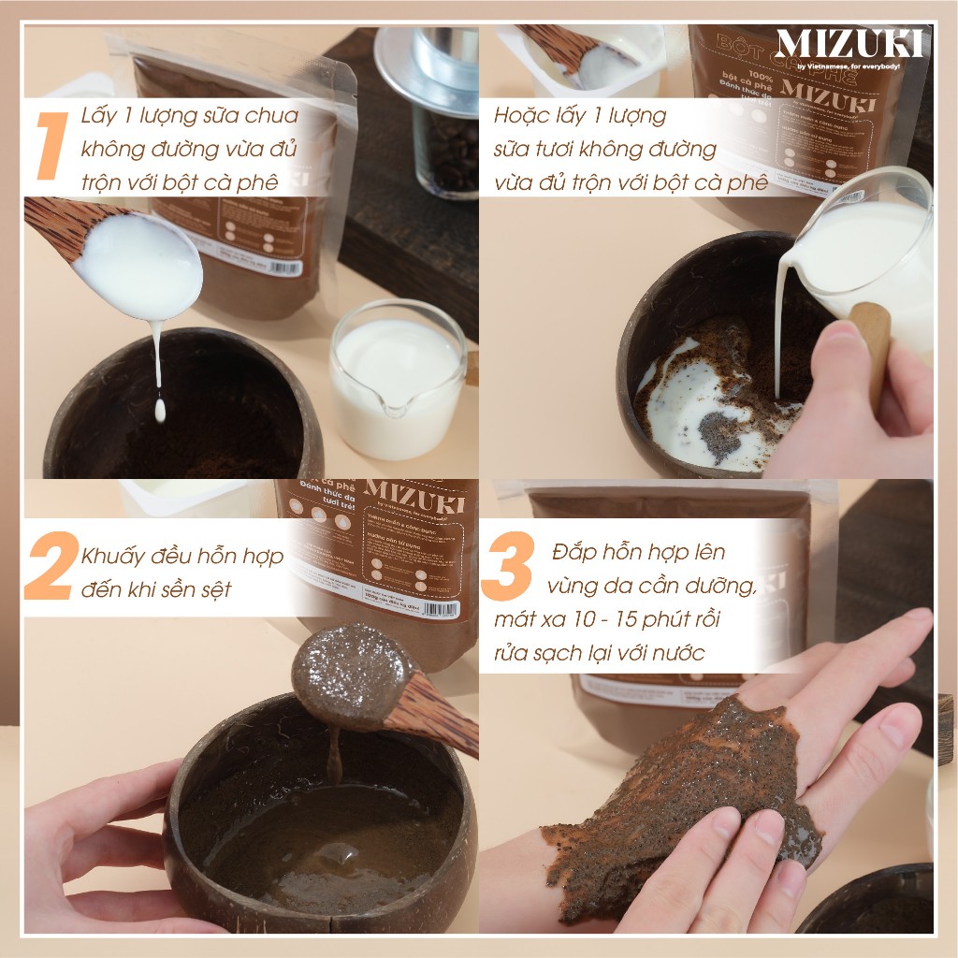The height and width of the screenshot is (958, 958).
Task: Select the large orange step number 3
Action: click(x=507, y=566)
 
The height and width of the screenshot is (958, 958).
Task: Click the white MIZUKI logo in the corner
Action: click(x=849, y=43)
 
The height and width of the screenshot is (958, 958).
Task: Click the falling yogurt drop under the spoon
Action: click(x=160, y=408)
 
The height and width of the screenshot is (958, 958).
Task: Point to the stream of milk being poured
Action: click(x=778, y=337)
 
